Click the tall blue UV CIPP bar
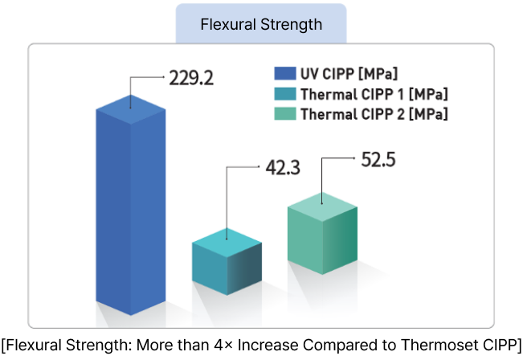(130, 209)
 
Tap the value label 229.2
(190, 78)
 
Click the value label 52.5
(378, 159)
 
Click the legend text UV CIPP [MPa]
(349, 74)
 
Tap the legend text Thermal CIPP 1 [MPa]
(374, 94)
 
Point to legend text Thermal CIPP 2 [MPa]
(374, 114)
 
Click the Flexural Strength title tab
(261, 24)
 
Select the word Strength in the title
(292, 24)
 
